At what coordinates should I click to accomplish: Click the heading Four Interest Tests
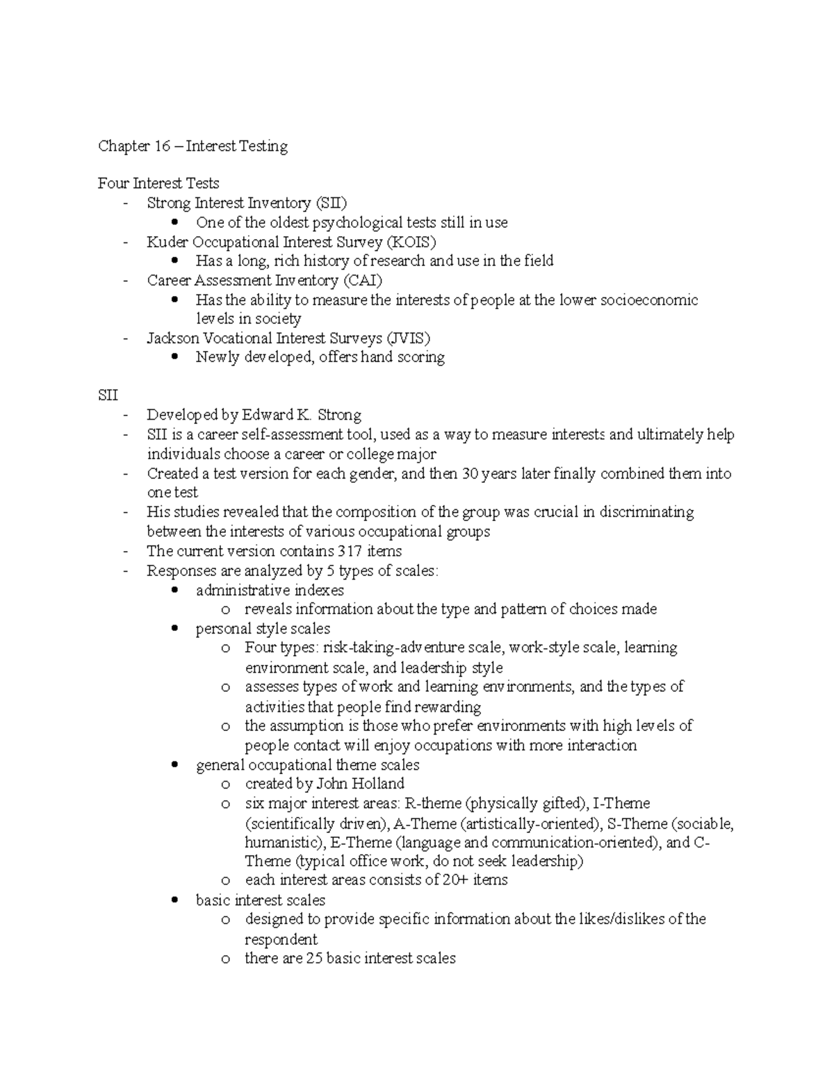(x=158, y=183)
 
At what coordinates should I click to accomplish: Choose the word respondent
(x=281, y=939)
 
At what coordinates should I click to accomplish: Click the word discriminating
(x=647, y=512)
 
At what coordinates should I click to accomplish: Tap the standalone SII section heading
(x=108, y=395)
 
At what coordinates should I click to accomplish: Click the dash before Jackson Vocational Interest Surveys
(x=125, y=339)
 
